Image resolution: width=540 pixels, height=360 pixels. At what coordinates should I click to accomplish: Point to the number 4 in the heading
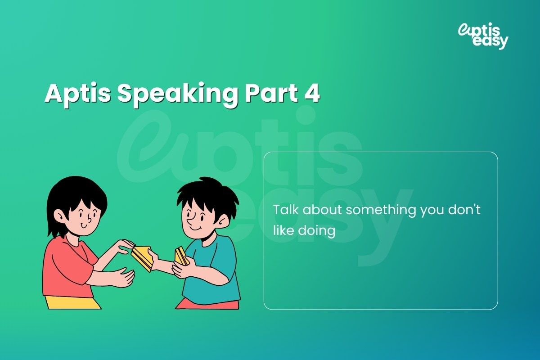pyautogui.click(x=311, y=94)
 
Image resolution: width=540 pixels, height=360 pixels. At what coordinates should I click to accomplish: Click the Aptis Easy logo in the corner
pyautogui.click(x=483, y=36)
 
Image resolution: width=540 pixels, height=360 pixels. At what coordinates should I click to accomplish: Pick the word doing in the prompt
pyautogui.click(x=318, y=231)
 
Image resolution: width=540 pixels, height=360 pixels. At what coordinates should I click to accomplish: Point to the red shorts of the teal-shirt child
pyautogui.click(x=207, y=304)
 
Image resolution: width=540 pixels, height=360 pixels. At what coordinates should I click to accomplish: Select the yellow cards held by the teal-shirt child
pyautogui.click(x=181, y=256)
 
